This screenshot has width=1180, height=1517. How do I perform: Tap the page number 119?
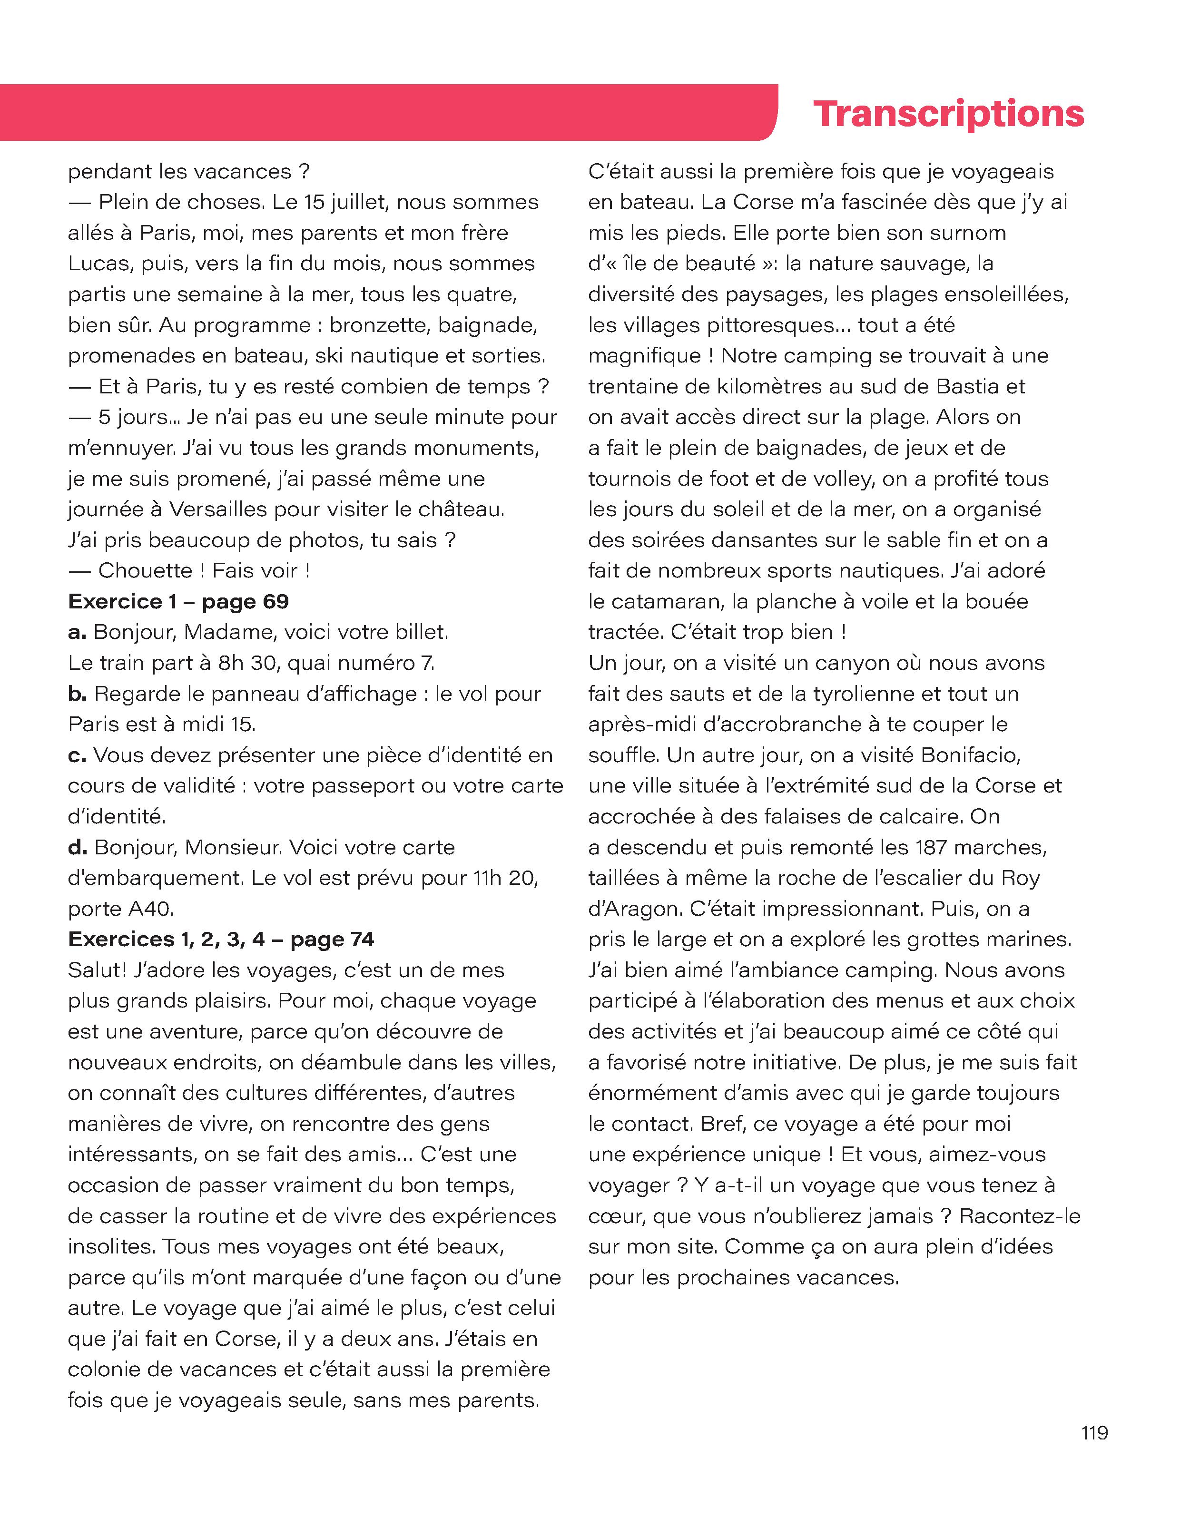click(x=1094, y=1433)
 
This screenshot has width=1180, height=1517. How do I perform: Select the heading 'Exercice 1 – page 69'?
click(x=178, y=602)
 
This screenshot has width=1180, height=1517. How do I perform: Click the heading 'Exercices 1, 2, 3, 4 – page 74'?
click(x=221, y=939)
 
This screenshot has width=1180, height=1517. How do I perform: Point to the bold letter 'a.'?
click(x=77, y=632)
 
